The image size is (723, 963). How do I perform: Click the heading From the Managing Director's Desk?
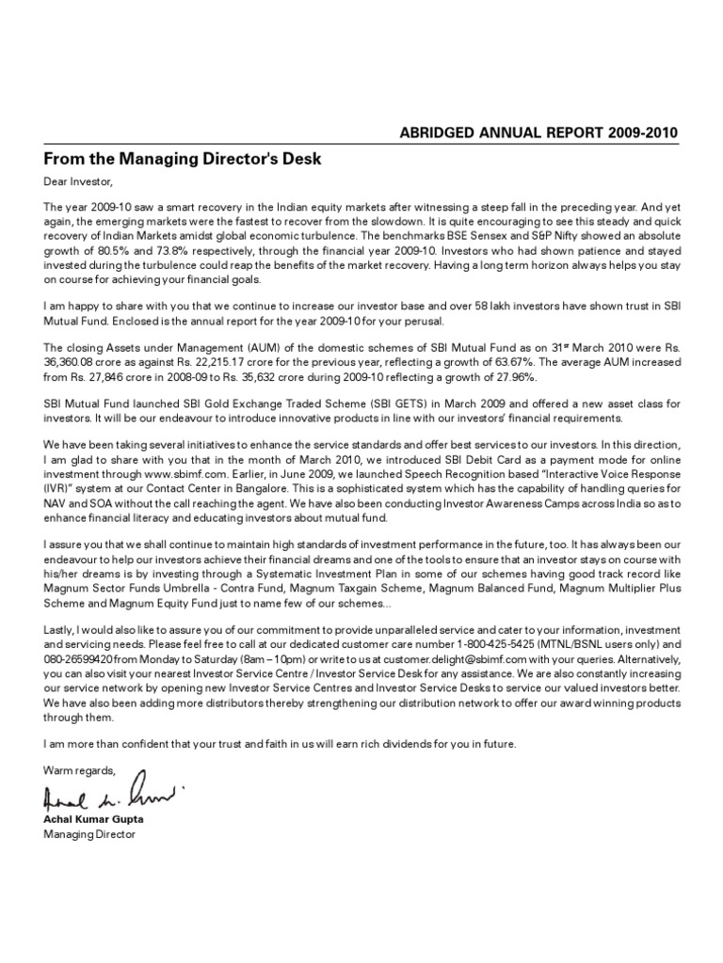pyautogui.click(x=183, y=159)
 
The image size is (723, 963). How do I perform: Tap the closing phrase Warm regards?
pyautogui.click(x=79, y=771)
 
